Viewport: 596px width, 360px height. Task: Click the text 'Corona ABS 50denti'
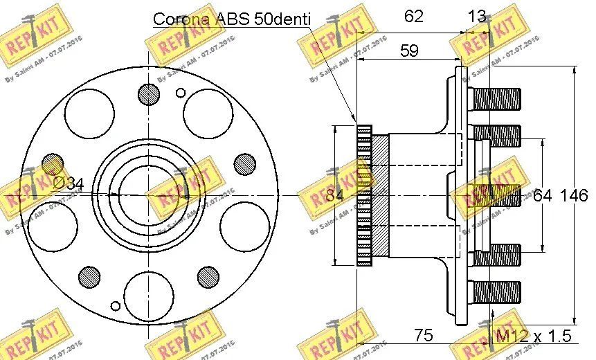232,19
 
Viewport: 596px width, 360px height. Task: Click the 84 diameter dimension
335,196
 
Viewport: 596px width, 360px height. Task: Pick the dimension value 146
574,196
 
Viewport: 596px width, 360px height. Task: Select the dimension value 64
542,196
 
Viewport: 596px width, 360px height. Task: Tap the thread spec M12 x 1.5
534,336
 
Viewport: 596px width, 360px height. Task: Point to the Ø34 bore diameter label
68,184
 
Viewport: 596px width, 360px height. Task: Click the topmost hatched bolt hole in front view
148,93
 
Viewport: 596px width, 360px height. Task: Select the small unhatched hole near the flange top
181,92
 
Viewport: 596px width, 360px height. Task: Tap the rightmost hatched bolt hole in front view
244,163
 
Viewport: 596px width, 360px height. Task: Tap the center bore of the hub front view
148,195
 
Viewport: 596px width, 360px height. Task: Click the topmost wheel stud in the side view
495,98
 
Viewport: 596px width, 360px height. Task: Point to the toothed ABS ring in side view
363,195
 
